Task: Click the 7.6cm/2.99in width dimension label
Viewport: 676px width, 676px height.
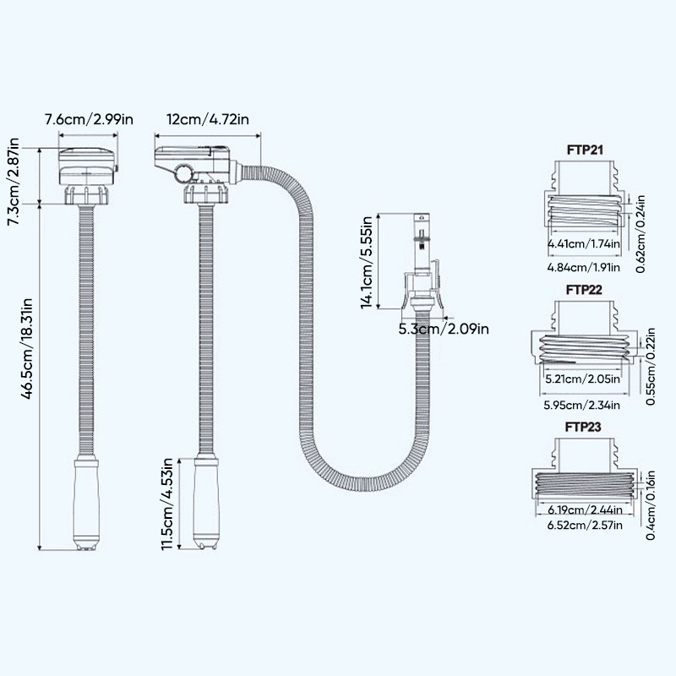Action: (89, 120)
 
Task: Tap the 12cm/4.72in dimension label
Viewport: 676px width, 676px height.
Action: (208, 120)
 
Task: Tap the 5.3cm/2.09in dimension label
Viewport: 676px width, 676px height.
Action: (443, 329)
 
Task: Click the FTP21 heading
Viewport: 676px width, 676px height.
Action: (584, 151)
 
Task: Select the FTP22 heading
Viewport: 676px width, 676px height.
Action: (584, 288)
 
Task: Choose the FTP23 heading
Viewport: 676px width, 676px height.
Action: (584, 428)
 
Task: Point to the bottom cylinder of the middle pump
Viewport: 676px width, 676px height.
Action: (207, 504)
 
